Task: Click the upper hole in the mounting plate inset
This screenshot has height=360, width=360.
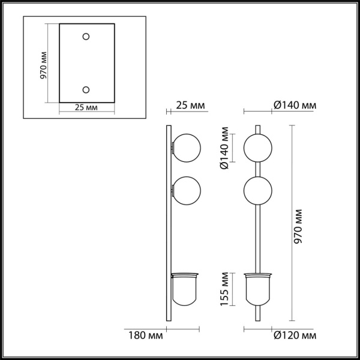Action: click(86, 37)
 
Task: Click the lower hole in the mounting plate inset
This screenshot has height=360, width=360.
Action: click(86, 89)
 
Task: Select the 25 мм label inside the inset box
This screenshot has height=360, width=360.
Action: click(86, 107)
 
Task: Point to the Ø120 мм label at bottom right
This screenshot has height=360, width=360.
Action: click(294, 334)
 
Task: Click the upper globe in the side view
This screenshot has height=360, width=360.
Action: click(186, 147)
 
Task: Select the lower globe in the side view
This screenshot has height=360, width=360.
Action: click(186, 191)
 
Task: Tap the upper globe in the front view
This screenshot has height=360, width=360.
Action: click(258, 147)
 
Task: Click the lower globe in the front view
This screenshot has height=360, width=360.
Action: click(258, 191)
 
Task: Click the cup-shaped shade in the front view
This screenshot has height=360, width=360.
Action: click(258, 287)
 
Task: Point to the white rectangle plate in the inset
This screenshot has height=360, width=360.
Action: click(86, 63)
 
